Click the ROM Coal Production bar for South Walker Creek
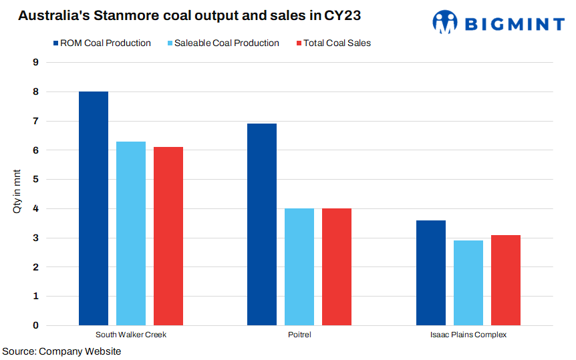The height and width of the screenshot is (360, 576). click(94, 208)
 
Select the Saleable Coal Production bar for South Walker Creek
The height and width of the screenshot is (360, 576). click(131, 234)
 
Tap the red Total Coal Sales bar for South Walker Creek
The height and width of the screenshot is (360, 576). click(168, 236)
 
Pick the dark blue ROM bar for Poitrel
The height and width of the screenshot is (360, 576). click(262, 224)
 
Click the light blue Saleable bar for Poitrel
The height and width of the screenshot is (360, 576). click(299, 267)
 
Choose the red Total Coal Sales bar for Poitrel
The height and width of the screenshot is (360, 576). click(337, 267)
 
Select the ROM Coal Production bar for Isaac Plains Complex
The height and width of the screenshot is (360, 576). click(431, 273)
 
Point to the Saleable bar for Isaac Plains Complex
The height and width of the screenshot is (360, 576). click(468, 283)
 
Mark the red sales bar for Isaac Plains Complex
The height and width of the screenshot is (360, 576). click(506, 281)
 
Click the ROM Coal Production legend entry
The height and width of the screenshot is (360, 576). click(102, 43)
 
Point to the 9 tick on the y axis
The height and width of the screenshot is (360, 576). click(35, 63)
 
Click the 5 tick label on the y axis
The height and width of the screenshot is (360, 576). click(35, 180)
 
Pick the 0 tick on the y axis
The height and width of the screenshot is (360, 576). click(35, 326)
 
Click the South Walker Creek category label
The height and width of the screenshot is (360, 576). click(131, 335)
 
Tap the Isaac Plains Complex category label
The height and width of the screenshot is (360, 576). click(468, 335)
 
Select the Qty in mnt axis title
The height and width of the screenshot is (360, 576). click(18, 194)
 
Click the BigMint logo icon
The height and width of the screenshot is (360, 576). click(445, 23)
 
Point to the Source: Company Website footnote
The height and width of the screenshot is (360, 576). click(61, 351)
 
